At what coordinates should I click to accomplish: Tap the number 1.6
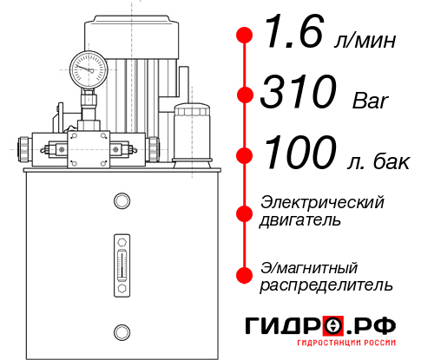tap(288, 36)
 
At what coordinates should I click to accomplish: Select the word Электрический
tap(322, 202)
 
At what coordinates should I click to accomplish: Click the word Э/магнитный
tap(309, 266)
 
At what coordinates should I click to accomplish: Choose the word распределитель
tap(326, 284)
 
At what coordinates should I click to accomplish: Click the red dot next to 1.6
tap(245, 36)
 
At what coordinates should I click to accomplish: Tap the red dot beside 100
tap(245, 154)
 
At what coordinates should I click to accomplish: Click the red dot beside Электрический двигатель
tap(245, 211)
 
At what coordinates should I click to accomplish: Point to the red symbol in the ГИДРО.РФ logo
tap(332, 326)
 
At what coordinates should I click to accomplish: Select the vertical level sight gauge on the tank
tap(121, 261)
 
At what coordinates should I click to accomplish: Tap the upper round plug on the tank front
tap(121, 201)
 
